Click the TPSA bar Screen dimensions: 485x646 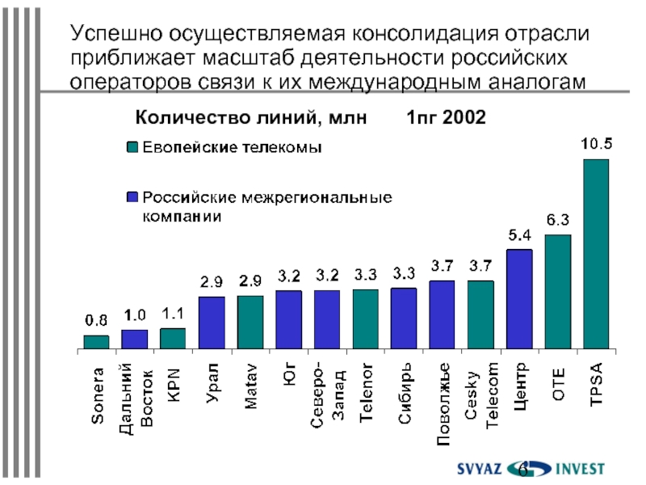[596, 255]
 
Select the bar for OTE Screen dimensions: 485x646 [557, 292]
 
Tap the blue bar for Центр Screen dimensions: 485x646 [519, 299]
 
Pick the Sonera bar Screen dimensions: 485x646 [96, 342]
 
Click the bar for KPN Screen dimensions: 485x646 [173, 339]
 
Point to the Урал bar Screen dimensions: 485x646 [212, 323]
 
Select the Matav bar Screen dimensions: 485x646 [250, 323]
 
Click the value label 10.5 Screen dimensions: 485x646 [597, 145]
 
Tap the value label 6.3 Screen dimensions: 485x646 [558, 220]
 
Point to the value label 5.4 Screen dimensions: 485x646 [519, 235]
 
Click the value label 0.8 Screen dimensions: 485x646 [96, 321]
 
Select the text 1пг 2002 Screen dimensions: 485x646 [446, 118]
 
